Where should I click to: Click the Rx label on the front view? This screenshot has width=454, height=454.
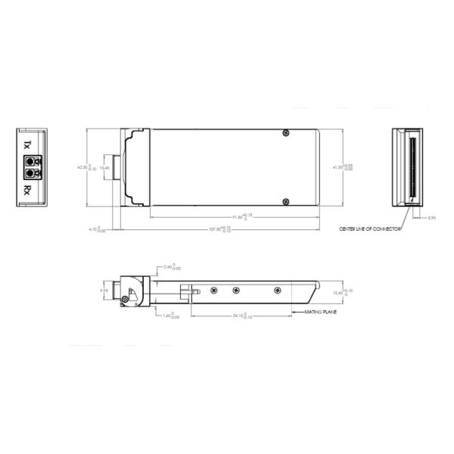[28, 188]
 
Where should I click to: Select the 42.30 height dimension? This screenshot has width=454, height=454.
[84, 167]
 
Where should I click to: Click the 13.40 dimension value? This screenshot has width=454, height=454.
[105, 168]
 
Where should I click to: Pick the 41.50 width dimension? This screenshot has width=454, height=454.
[350, 167]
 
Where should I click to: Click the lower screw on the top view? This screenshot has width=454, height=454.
[285, 201]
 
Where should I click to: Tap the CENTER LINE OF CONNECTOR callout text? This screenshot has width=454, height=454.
[369, 227]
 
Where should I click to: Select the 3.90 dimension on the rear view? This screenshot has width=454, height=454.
[431, 218]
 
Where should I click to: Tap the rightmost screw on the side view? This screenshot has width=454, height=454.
[277, 290]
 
